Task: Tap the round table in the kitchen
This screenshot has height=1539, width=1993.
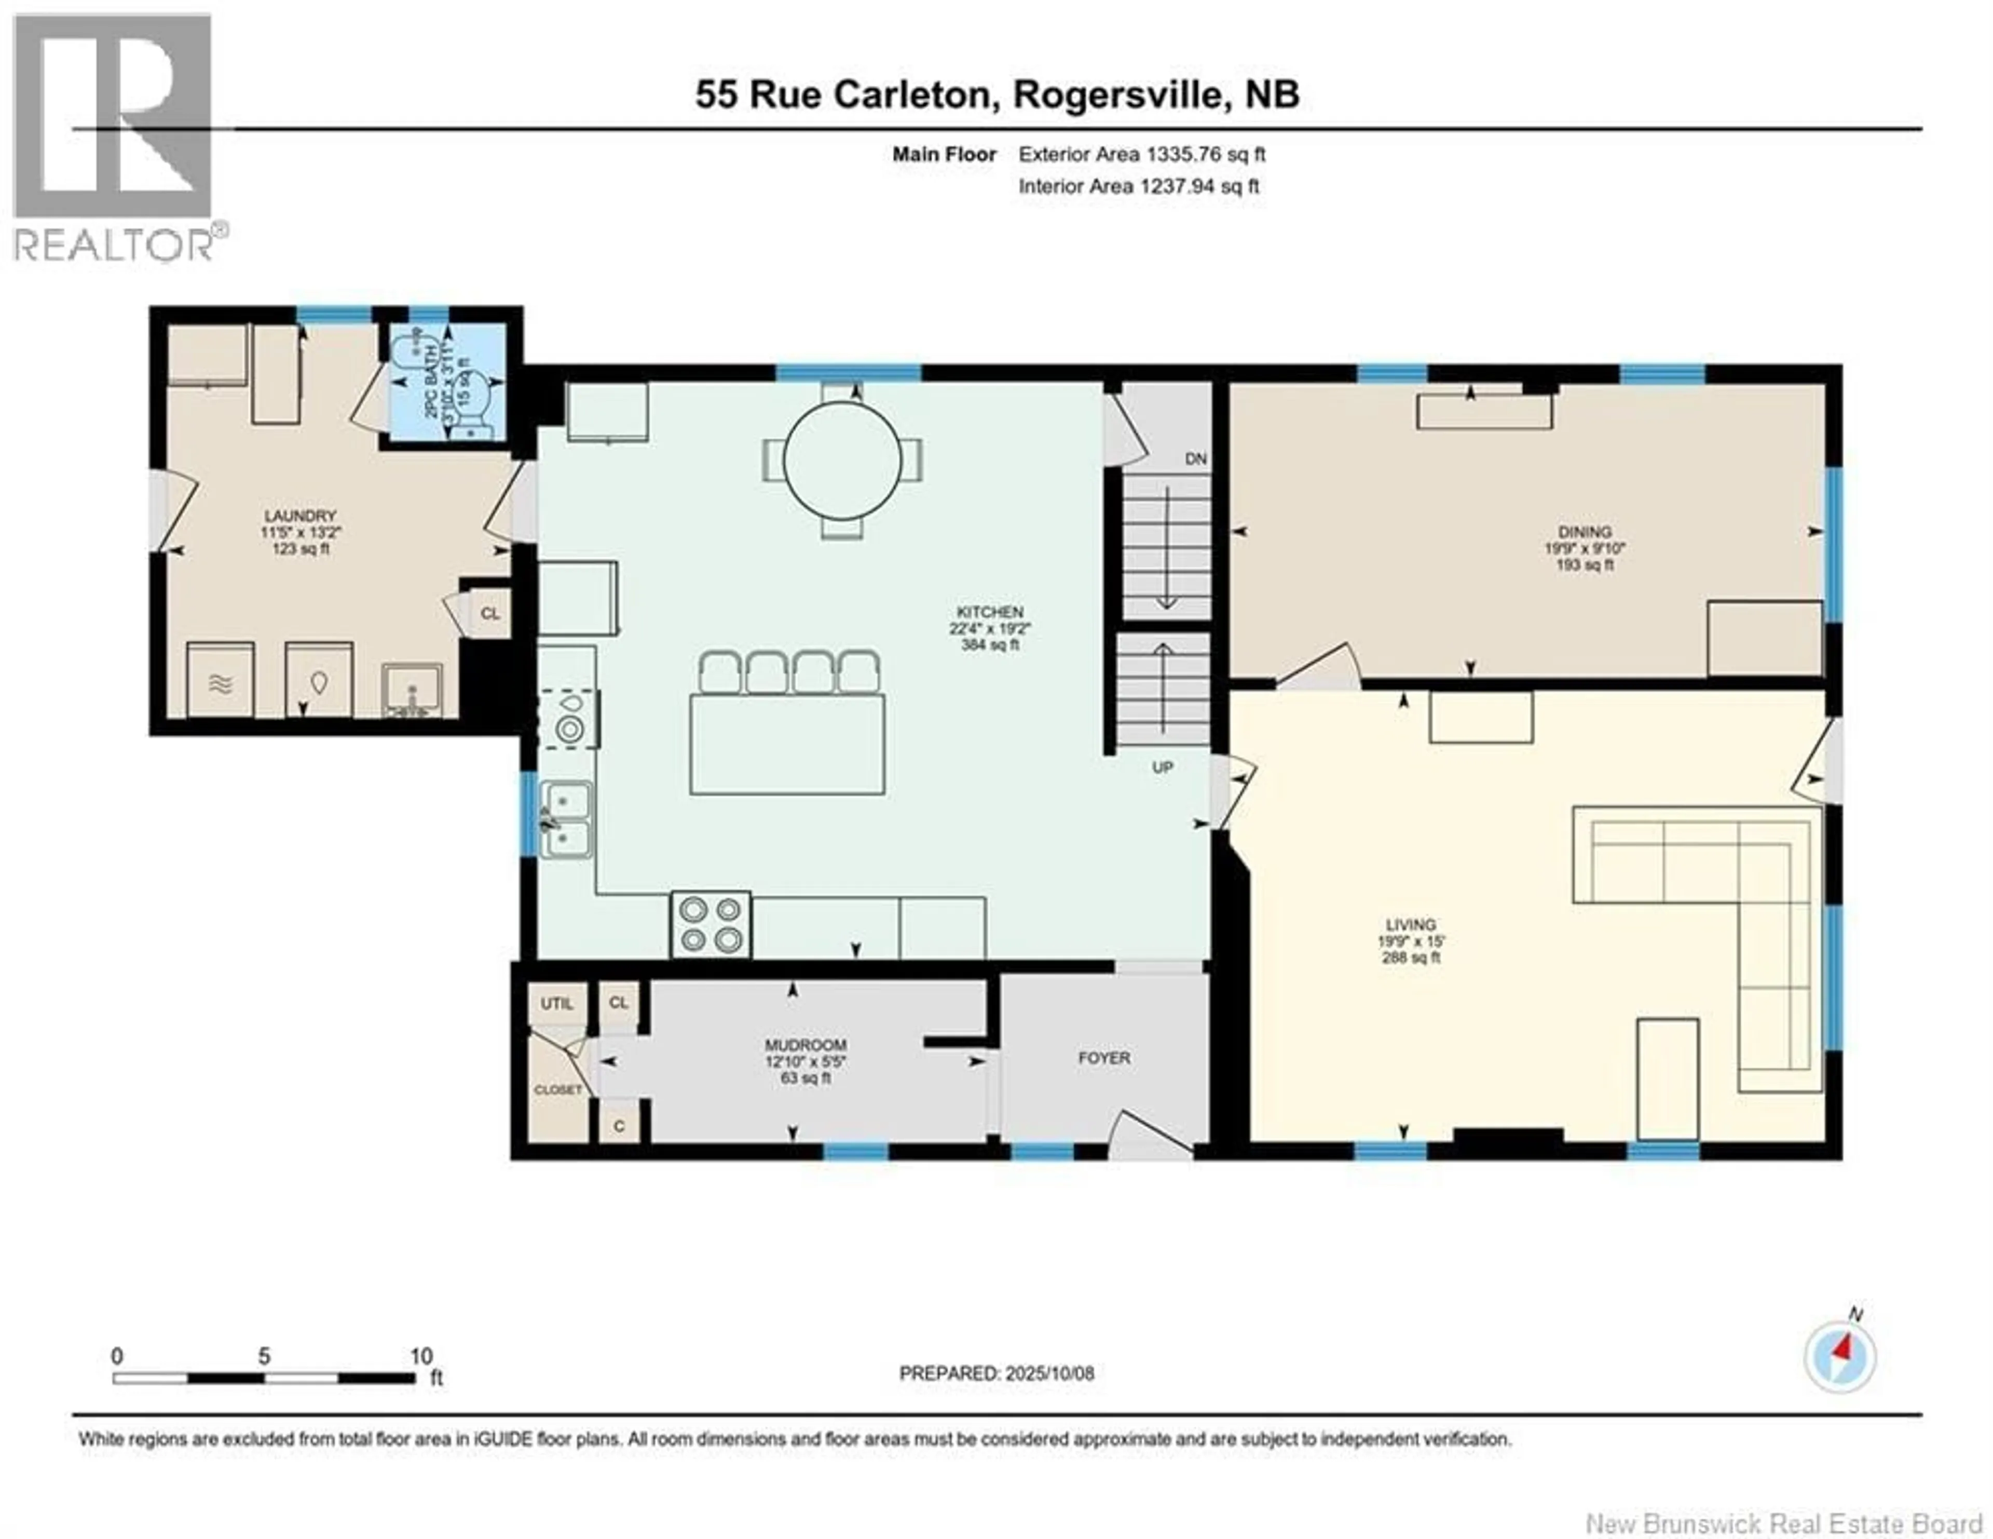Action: click(x=842, y=459)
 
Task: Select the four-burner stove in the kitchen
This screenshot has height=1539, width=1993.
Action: click(x=711, y=925)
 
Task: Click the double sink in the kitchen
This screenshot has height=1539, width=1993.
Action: click(x=566, y=820)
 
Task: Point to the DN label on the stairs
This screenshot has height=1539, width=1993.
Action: click(x=1195, y=459)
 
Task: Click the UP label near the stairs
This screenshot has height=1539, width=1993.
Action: click(x=1162, y=767)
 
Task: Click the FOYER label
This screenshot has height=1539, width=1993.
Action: click(x=1104, y=1058)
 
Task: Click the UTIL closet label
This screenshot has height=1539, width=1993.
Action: click(x=557, y=1003)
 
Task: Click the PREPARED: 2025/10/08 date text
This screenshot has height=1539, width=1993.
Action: click(x=996, y=1398)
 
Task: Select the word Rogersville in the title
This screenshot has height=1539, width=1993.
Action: click(x=1119, y=95)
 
